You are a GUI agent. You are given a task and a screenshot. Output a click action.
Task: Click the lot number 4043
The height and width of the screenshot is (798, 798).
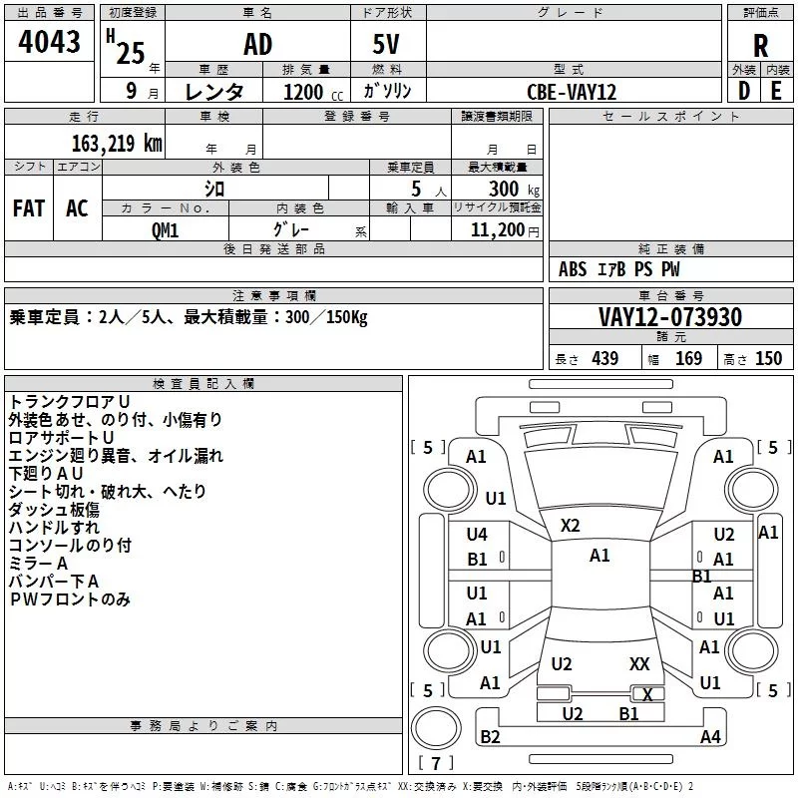click(49, 42)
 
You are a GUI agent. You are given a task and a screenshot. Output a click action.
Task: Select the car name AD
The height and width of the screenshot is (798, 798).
click(258, 44)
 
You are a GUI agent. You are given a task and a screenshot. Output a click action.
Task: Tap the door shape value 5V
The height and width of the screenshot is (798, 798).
click(386, 44)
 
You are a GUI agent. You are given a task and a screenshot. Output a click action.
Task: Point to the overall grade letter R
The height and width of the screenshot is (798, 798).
click(761, 46)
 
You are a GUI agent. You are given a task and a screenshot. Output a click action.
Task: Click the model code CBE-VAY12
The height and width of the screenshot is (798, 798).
click(572, 92)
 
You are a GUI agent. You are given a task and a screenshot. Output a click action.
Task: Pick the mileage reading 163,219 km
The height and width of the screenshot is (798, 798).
click(117, 144)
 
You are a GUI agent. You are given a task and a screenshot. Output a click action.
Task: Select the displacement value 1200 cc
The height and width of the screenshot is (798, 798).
click(313, 93)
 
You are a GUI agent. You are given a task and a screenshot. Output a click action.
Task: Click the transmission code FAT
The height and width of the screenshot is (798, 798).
click(29, 208)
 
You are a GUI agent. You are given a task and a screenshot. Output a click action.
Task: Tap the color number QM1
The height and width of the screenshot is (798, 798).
click(166, 230)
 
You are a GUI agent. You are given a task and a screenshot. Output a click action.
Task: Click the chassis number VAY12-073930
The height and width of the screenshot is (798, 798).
click(670, 317)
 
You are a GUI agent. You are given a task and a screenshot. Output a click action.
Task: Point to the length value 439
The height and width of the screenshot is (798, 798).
click(605, 359)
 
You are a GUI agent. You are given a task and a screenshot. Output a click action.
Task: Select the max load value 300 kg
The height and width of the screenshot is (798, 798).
click(514, 189)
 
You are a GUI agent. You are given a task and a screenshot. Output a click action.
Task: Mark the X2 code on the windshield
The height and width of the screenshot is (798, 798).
click(570, 526)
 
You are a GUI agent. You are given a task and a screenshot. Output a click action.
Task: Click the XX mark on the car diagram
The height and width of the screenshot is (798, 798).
click(639, 664)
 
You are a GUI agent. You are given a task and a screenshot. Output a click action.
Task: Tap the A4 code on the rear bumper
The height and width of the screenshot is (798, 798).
click(710, 736)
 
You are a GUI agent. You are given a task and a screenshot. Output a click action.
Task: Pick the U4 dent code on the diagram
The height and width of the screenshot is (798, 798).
click(477, 535)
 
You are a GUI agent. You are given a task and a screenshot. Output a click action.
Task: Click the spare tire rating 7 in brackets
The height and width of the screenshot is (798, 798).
click(436, 763)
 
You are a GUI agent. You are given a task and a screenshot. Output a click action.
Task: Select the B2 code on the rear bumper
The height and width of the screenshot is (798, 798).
click(490, 736)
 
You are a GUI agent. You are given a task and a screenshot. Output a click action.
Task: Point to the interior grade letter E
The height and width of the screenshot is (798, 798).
click(776, 91)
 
